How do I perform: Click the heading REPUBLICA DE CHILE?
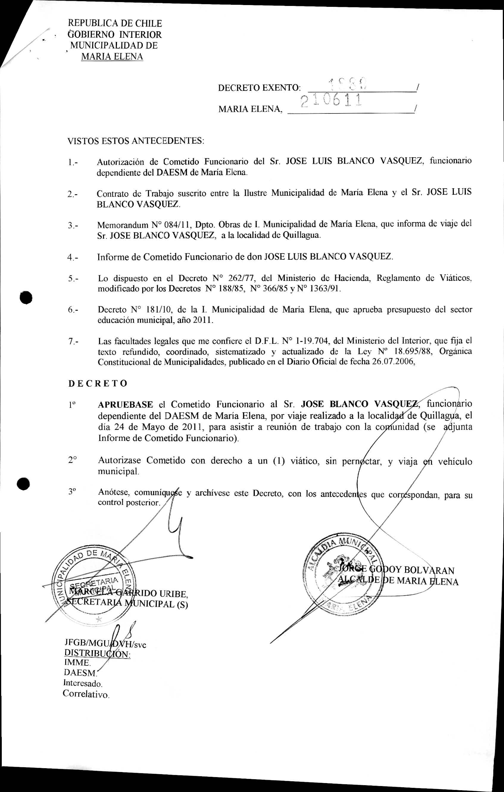pyautogui.click(x=115, y=23)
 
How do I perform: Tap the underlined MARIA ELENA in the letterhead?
pyautogui.click(x=112, y=57)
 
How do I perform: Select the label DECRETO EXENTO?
pyautogui.click(x=259, y=88)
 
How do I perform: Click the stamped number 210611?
pyautogui.click(x=330, y=100)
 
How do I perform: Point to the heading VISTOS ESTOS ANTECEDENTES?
pyautogui.click(x=136, y=141)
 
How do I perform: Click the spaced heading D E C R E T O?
pyautogui.click(x=98, y=384)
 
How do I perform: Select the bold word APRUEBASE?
pyautogui.click(x=125, y=404)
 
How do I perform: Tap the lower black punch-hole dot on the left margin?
pyautogui.click(x=24, y=483)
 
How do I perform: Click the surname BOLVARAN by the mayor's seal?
pyautogui.click(x=429, y=570)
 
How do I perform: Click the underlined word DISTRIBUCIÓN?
pyautogui.click(x=97, y=653)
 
